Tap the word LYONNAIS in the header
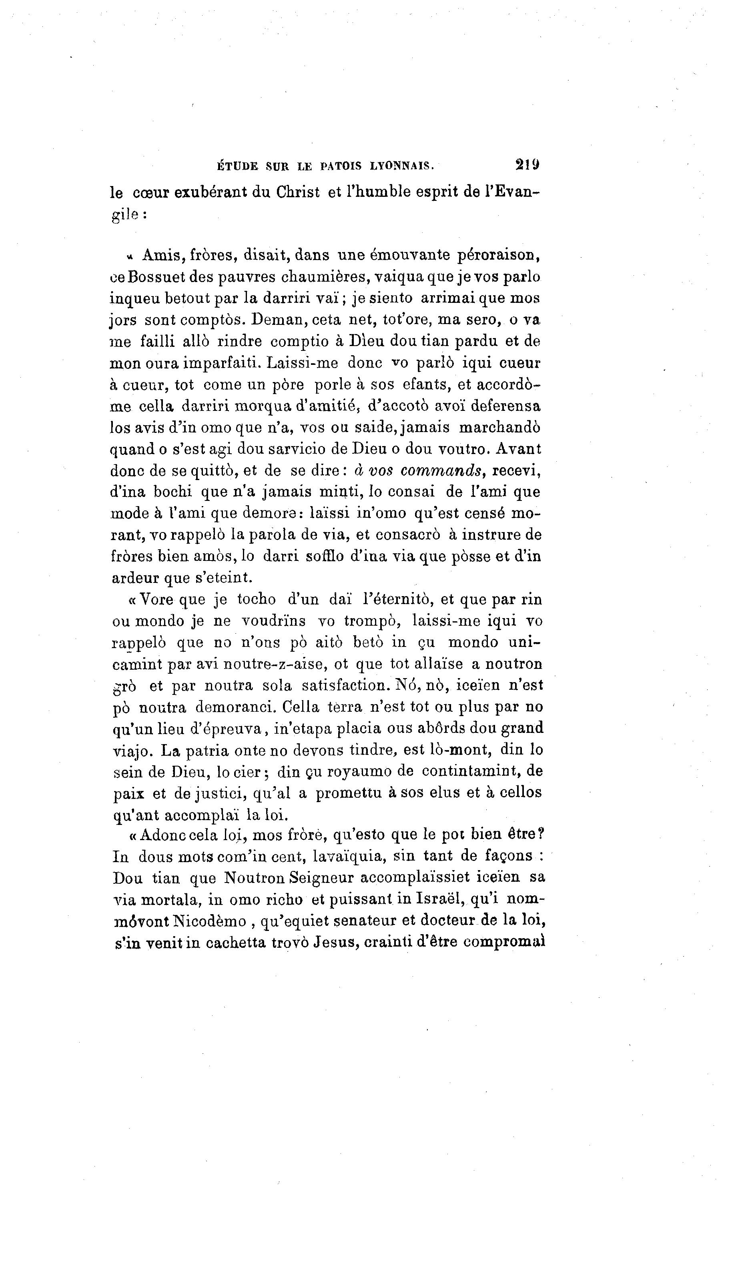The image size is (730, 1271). click(401, 166)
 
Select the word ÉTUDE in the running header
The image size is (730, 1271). click(237, 166)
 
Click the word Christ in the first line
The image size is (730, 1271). click(298, 192)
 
